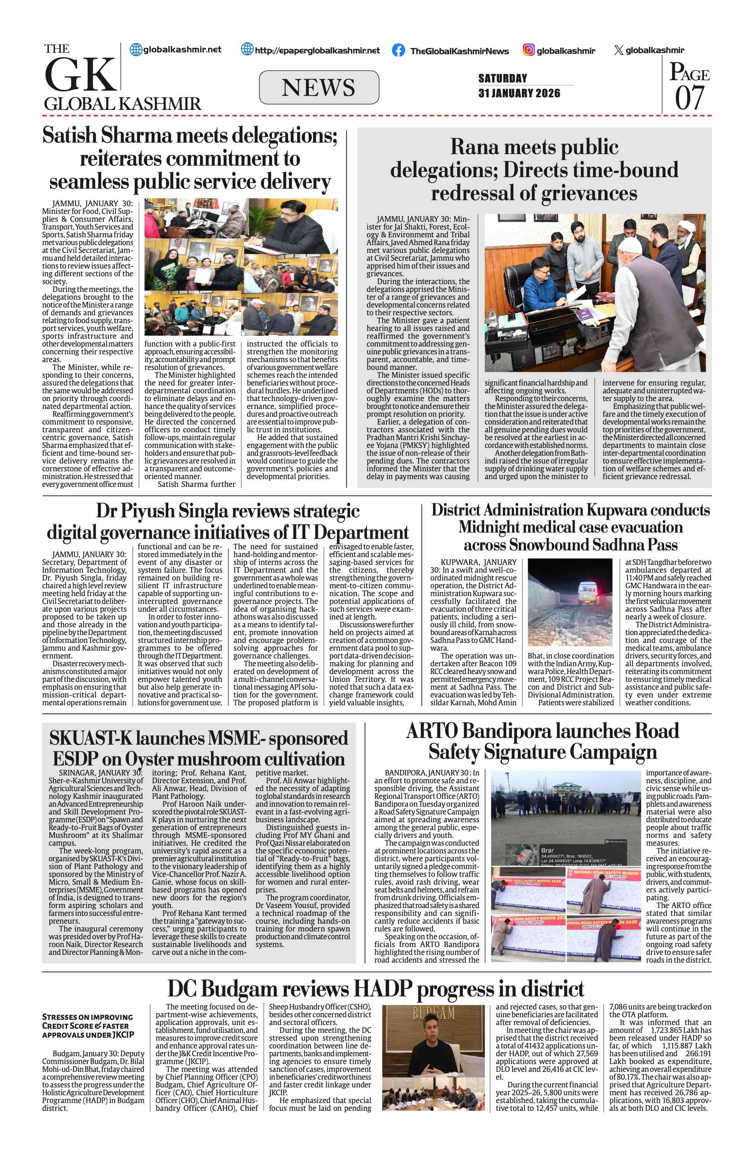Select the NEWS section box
(319, 88)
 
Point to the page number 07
(689, 98)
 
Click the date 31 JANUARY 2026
(519, 93)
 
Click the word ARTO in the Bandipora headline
(432, 731)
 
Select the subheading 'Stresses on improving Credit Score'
(88, 1026)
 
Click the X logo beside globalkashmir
(618, 50)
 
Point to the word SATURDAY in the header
(503, 78)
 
